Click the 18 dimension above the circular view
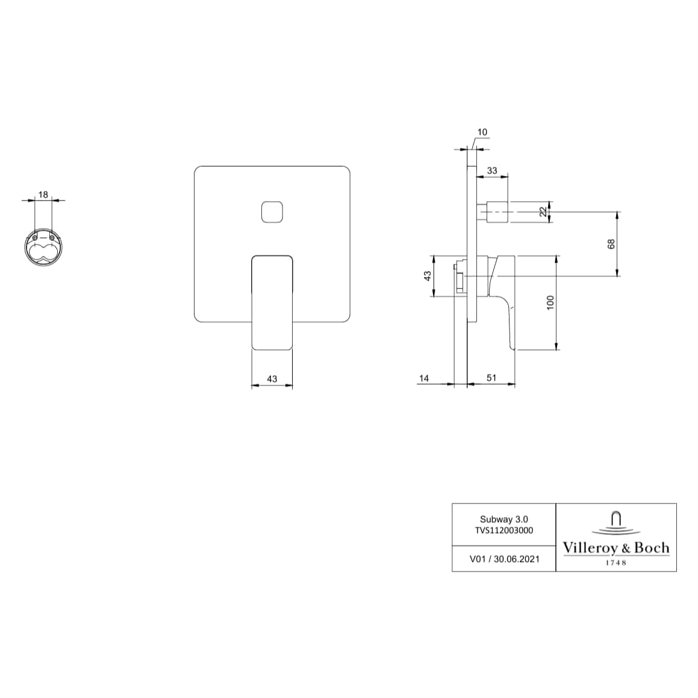pos(43,195)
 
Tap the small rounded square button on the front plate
pos(272,211)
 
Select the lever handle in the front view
pos(272,301)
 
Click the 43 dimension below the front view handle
pos(272,379)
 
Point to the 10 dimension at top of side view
pos(482,132)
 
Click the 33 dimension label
pos(492,170)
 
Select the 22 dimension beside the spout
pos(543,211)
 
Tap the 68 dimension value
pos(611,244)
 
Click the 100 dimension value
pos(549,302)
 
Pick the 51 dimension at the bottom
pos(491,378)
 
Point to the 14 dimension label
pos(424,378)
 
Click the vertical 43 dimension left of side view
pos(427,276)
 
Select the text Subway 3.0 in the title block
pos(503,519)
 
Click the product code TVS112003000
pos(503,531)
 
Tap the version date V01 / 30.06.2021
pos(504,559)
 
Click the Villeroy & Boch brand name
pos(615,548)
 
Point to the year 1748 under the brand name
pos(615,562)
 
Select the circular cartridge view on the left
pos(43,247)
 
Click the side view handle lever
pos(505,301)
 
